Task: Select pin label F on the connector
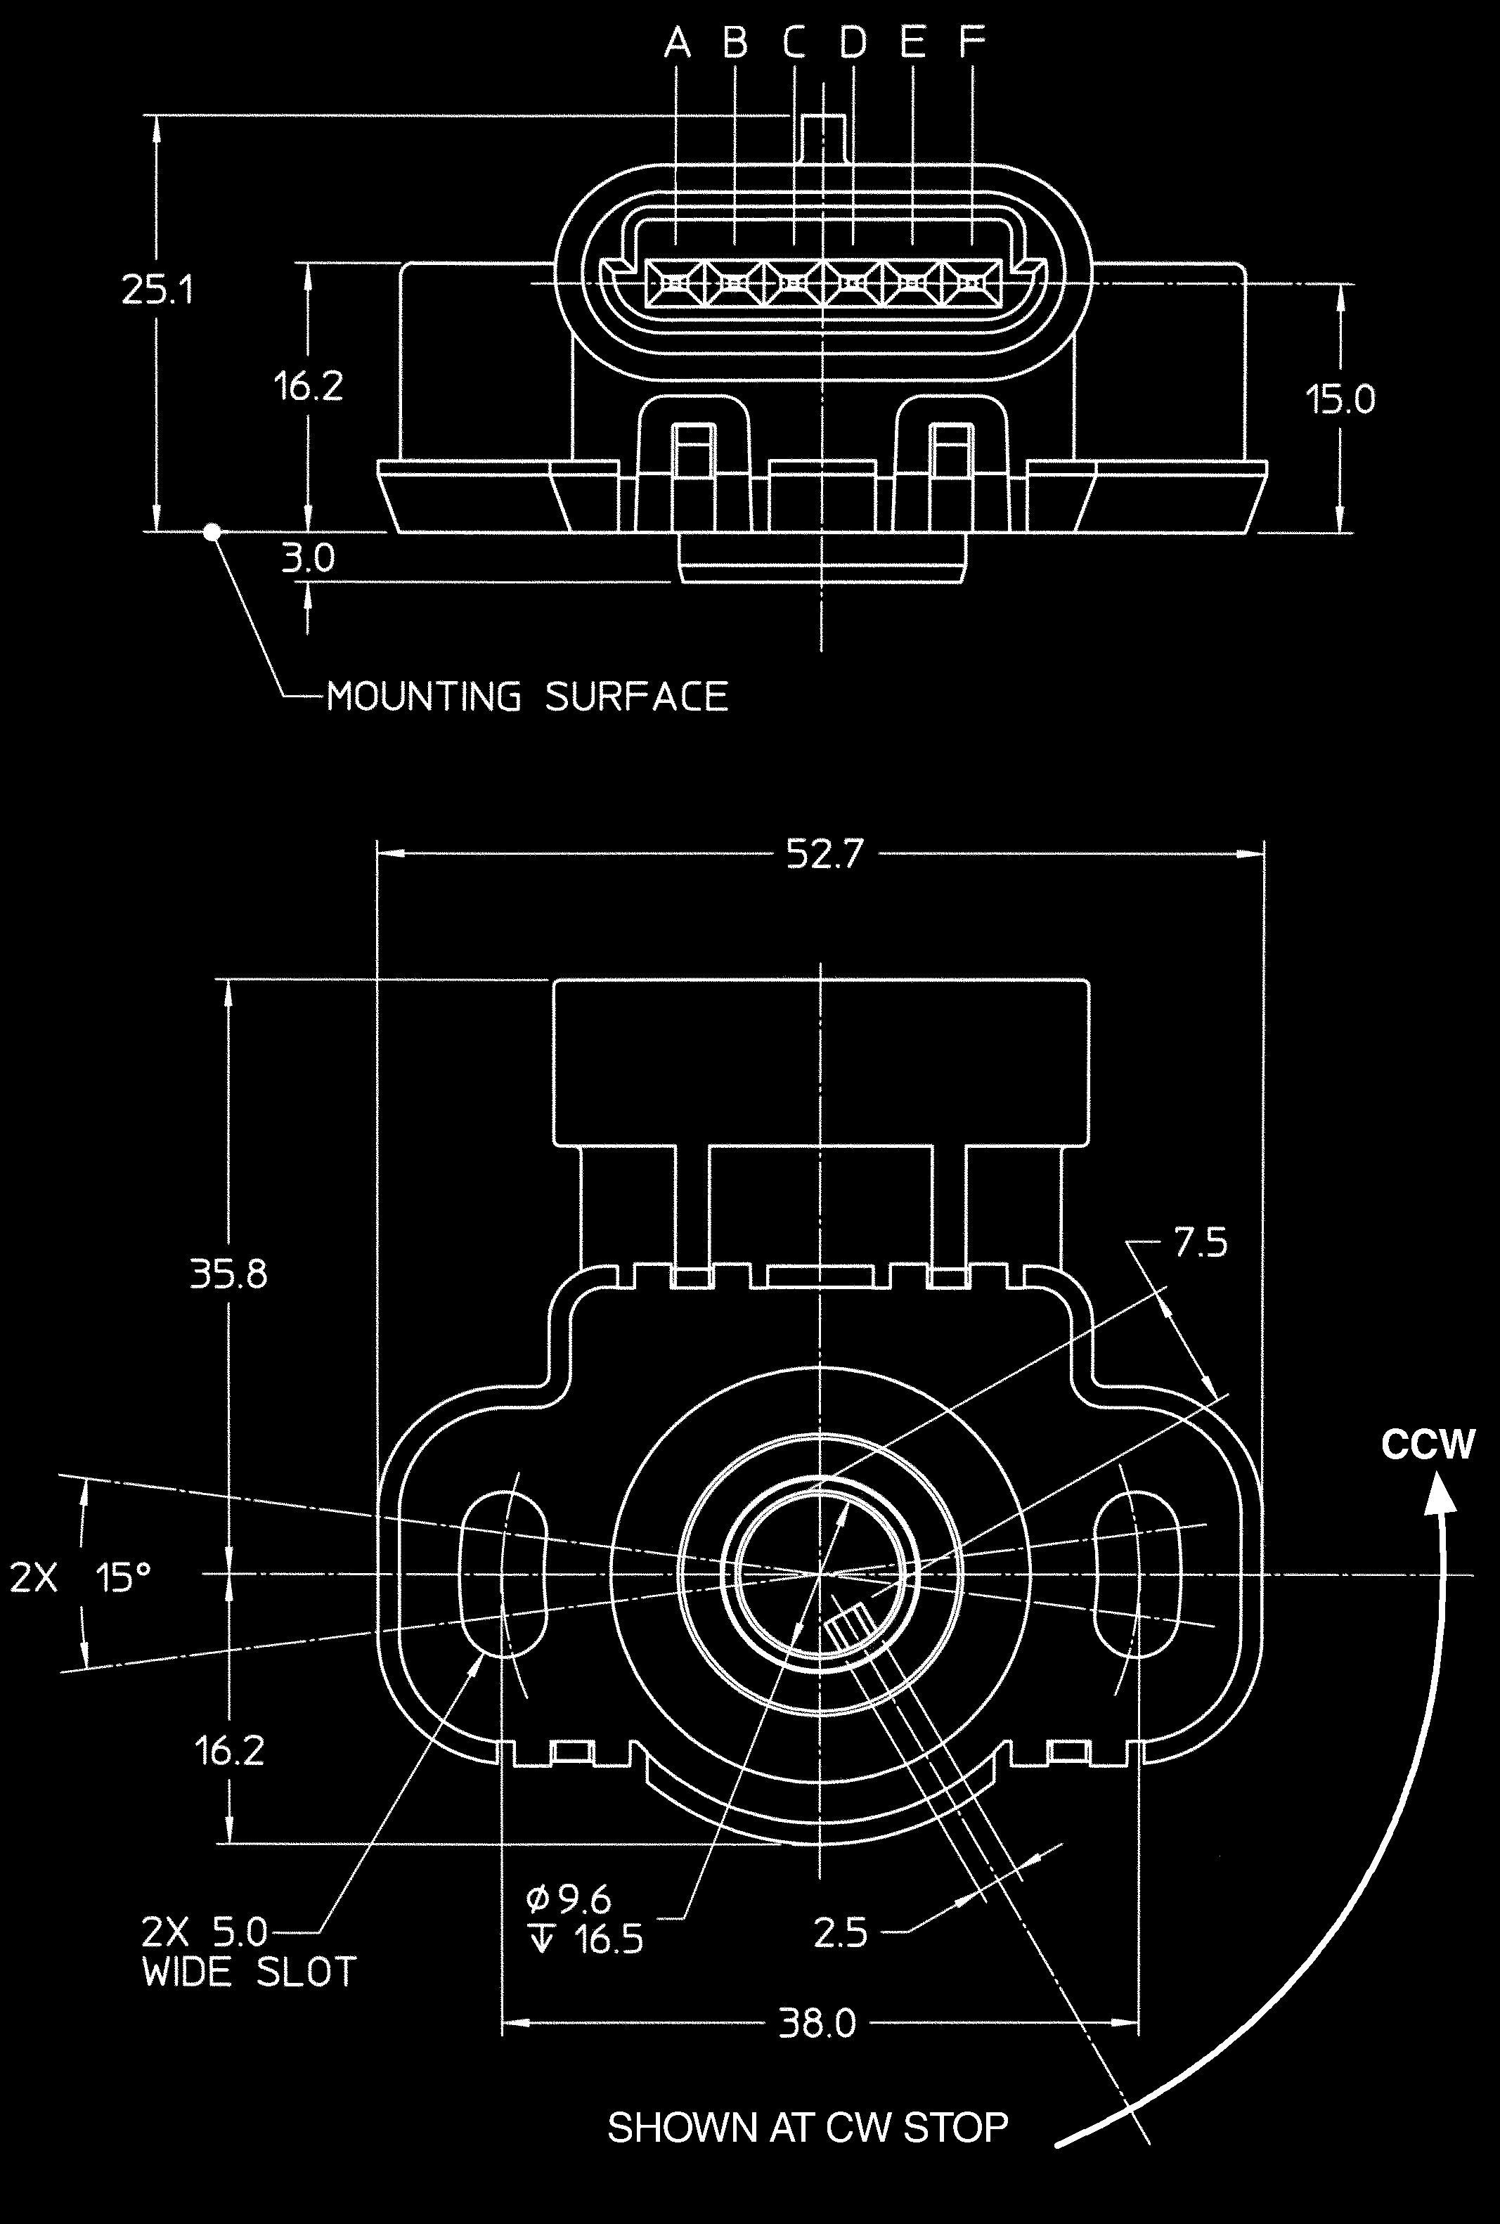click(972, 42)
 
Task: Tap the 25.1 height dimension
click(158, 289)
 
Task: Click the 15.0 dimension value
click(1340, 399)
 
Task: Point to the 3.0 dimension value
click(308, 557)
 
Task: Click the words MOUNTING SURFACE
click(527, 697)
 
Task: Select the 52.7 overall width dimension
click(825, 853)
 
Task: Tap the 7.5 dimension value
click(1200, 1243)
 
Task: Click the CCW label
click(1428, 1444)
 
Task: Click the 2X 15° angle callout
click(82, 1577)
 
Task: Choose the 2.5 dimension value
click(840, 1933)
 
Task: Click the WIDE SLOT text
click(249, 1972)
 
